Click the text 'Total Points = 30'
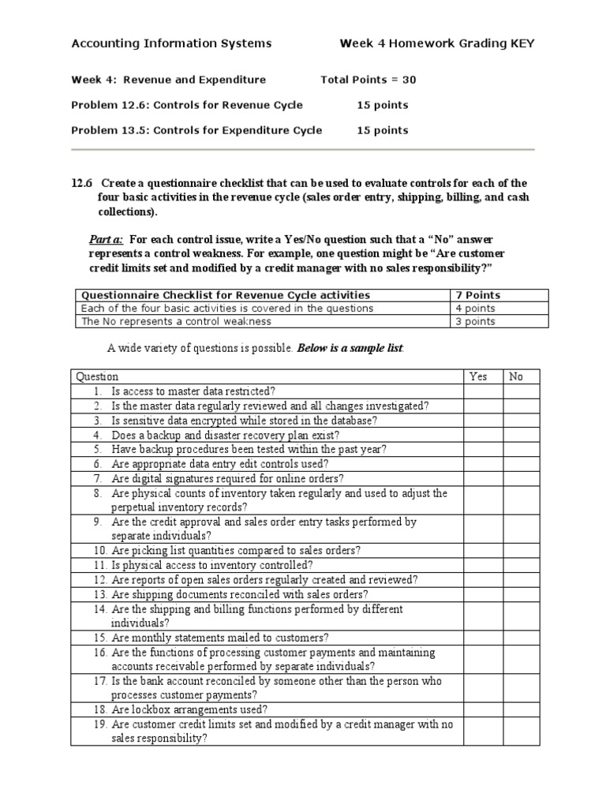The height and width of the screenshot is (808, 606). [x=368, y=80]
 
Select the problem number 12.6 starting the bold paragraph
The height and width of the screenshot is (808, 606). [x=81, y=184]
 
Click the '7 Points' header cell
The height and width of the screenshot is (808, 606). [x=478, y=295]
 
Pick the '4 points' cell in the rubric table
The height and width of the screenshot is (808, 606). [x=476, y=309]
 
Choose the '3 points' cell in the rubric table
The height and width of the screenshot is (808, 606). [x=476, y=321]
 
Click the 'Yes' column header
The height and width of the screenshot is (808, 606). [x=478, y=376]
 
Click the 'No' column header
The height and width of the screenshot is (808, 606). [x=516, y=376]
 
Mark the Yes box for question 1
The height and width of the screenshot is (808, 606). [x=483, y=391]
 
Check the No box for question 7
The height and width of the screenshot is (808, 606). [x=523, y=478]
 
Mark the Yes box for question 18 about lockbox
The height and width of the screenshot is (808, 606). [x=483, y=709]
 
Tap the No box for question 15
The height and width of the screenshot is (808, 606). [x=523, y=638]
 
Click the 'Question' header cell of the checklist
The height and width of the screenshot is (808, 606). [x=95, y=376]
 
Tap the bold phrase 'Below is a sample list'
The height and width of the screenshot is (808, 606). [x=349, y=348]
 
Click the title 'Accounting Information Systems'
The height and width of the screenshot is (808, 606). [x=171, y=43]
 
